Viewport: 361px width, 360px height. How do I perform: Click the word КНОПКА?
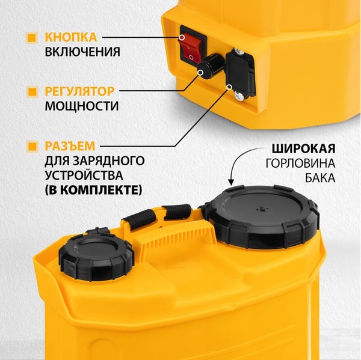point(70,37)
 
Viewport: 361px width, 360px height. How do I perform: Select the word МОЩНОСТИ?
point(81,106)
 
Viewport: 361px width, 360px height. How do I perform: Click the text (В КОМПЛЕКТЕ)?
point(93,190)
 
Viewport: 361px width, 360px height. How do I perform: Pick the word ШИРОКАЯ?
point(303,148)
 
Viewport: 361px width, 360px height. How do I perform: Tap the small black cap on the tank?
point(96,252)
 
